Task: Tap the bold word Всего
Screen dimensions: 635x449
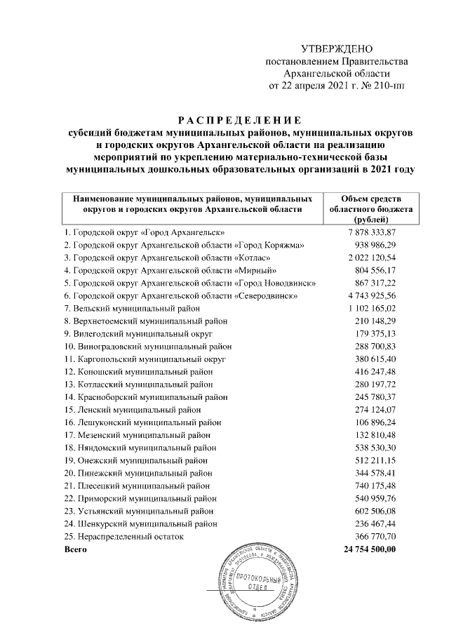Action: (x=75, y=549)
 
